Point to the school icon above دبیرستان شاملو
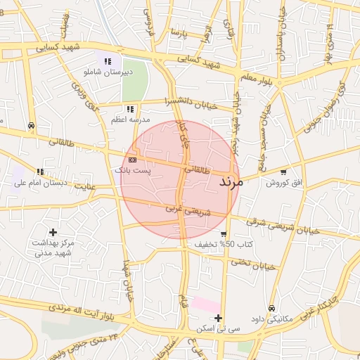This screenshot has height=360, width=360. tap(108, 62)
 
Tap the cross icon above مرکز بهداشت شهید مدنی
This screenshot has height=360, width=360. tap(53, 232)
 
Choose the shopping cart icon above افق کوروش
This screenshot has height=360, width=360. tap(283, 172)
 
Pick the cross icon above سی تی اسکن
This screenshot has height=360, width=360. tap(219, 318)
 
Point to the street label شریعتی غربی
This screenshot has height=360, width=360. tap(188, 209)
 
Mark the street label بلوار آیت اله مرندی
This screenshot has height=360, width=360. tap(77, 310)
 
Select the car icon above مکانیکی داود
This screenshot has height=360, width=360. tap(271, 308)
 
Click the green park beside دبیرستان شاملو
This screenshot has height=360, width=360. tap(135, 81)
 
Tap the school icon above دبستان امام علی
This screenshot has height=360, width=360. tap(41, 172)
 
